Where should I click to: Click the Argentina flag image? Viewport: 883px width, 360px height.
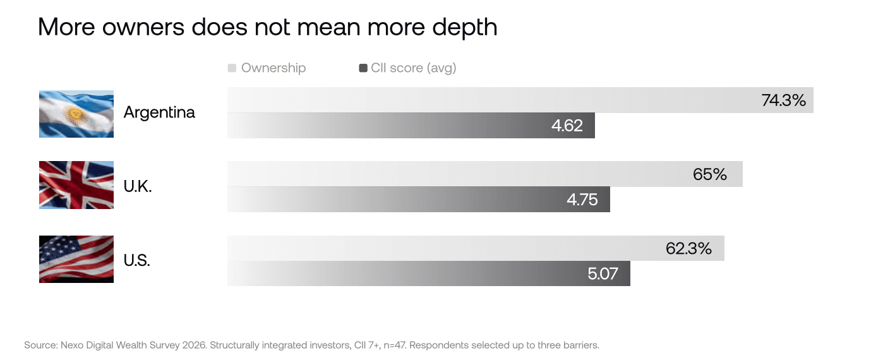76,114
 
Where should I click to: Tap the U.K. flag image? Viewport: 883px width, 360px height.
76,185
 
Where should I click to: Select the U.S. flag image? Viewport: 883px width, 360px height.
76,259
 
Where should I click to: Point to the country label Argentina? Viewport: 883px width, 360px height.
159,113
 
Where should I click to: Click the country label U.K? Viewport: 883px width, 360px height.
138,186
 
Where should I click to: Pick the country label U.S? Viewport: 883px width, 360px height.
137,260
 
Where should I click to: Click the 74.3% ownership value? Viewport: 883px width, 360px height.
783,100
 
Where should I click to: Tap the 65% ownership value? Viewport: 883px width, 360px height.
709,174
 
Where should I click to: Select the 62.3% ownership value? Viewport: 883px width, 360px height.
688,248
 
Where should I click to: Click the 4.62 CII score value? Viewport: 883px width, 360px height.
567,126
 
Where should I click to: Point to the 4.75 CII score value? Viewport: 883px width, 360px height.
582,200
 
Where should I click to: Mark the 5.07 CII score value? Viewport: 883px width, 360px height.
603,273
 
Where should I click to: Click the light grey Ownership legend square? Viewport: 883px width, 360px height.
232,68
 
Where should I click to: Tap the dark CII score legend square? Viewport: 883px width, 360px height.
363,68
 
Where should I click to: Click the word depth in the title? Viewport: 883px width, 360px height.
465,28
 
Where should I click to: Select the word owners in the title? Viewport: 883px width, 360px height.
143,28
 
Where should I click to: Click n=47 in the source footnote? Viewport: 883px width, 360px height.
395,345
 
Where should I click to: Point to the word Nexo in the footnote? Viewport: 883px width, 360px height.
72,345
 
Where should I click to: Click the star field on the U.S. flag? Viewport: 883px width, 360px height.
55,247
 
